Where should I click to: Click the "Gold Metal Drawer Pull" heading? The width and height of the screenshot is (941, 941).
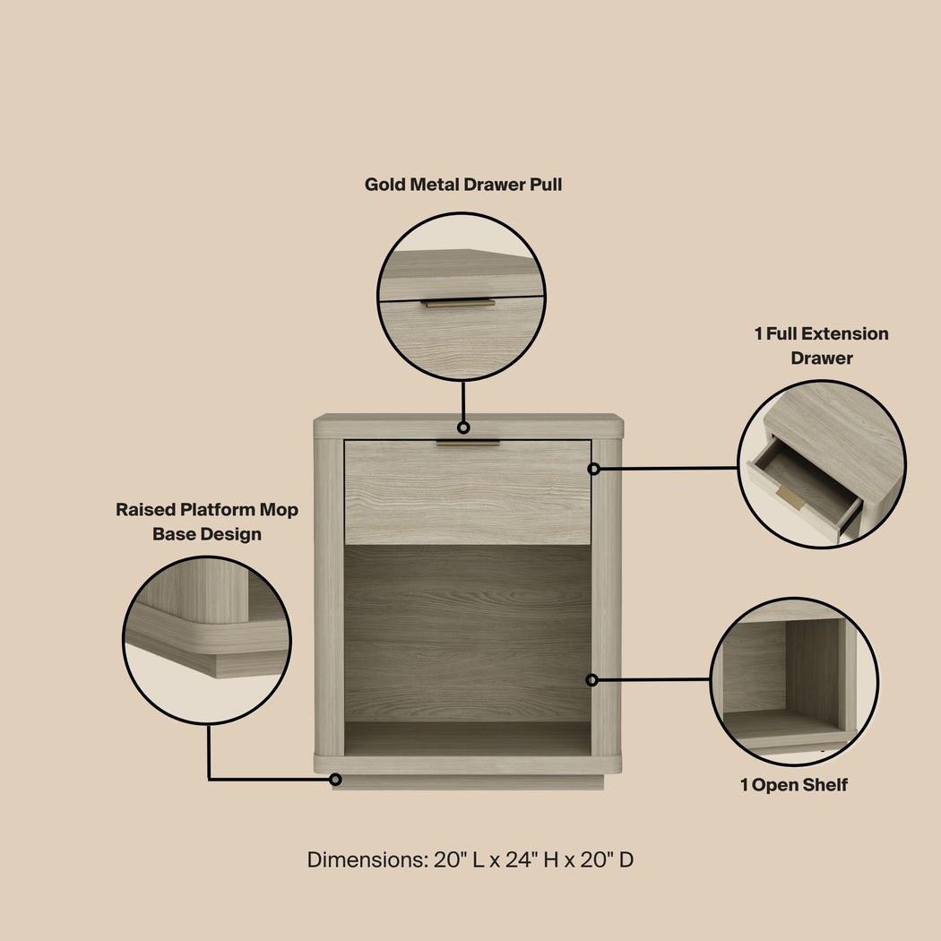pos(463,185)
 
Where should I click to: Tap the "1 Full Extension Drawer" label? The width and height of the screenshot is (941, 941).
pos(821,346)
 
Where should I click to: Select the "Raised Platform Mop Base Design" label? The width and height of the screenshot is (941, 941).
pos(207,522)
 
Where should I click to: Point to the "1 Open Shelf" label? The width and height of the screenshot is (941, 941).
pos(793,785)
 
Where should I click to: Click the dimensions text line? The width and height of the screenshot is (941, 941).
pos(470,859)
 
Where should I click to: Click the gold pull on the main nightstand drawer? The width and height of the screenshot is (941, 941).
pos(468,443)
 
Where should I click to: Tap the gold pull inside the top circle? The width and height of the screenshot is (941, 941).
pos(459,303)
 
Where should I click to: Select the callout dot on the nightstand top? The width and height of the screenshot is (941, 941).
pos(463,427)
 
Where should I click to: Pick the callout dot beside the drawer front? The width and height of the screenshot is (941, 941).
pos(593,469)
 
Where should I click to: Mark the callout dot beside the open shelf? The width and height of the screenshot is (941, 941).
pos(591,680)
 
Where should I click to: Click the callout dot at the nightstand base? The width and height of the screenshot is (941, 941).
pos(335,780)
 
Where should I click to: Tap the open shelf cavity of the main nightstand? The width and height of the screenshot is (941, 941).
pos(468,645)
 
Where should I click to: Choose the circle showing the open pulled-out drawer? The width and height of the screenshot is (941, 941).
pos(821,464)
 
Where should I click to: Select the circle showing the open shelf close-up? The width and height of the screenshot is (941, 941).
pos(794,681)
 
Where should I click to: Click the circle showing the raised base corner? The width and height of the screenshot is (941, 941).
pos(207,639)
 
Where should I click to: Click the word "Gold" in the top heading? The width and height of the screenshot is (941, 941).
pos(386,185)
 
